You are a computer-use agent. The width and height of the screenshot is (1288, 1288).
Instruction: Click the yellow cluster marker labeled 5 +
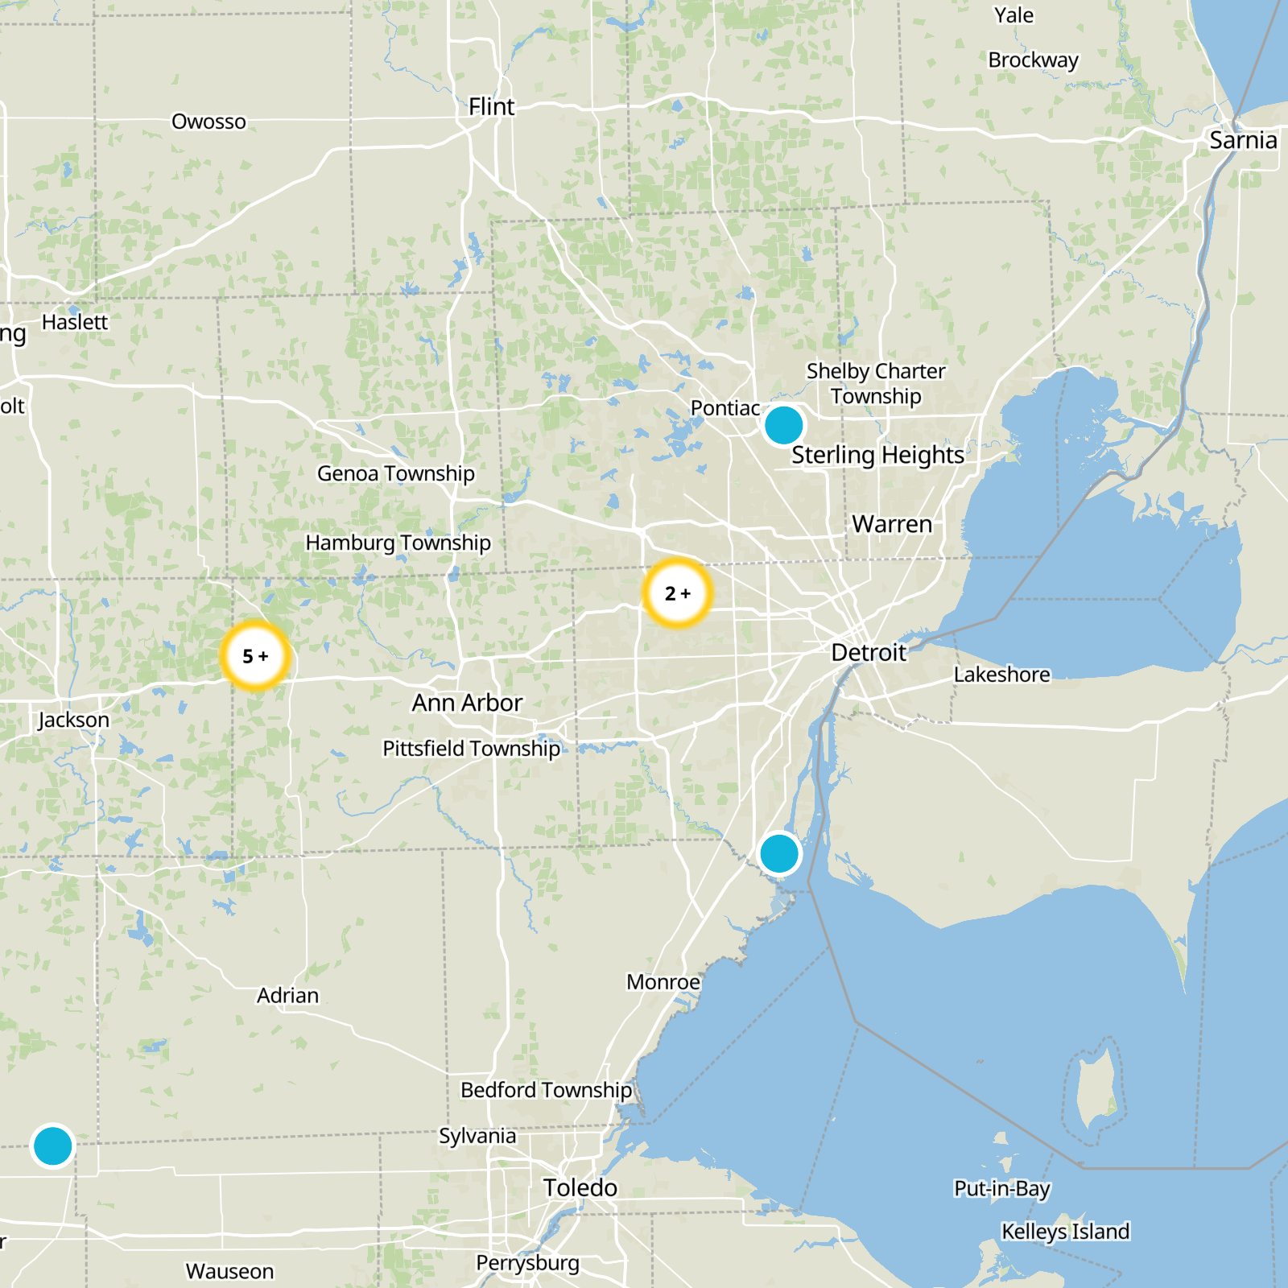coord(255,656)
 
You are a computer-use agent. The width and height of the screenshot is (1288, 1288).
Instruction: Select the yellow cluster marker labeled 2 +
coord(678,593)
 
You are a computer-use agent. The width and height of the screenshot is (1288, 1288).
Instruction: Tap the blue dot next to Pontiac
coord(783,425)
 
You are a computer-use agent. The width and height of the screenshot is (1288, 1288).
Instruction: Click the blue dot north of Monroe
coord(778,853)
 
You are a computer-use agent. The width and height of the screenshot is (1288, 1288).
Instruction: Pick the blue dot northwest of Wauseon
coord(53,1146)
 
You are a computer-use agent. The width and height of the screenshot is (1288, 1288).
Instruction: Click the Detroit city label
coord(868,652)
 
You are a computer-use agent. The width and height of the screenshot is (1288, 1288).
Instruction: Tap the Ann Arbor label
coord(467,703)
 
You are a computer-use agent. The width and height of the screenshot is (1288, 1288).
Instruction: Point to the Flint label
coord(491,107)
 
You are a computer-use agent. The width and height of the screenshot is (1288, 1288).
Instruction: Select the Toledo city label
coord(580,1187)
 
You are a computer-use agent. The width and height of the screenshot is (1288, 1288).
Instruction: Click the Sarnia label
coord(1243,140)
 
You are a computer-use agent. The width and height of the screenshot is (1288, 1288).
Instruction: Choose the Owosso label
coord(208,122)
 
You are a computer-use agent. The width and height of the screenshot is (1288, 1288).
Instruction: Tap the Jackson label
coord(73,720)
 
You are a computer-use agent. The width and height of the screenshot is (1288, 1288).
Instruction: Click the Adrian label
coord(287,996)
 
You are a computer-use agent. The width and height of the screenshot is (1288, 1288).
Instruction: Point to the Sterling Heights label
coord(877,455)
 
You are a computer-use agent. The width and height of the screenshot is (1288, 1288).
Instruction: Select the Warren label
coord(892,524)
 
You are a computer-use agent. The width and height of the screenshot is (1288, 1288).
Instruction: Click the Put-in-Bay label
coord(1001,1189)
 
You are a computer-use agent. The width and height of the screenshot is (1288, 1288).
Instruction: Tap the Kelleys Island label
coord(1065,1232)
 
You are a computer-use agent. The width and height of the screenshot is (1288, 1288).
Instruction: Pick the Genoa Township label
coord(395,473)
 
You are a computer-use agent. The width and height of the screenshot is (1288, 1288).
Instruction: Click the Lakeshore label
coord(1001,675)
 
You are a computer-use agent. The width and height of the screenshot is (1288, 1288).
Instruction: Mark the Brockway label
coord(1033,60)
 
